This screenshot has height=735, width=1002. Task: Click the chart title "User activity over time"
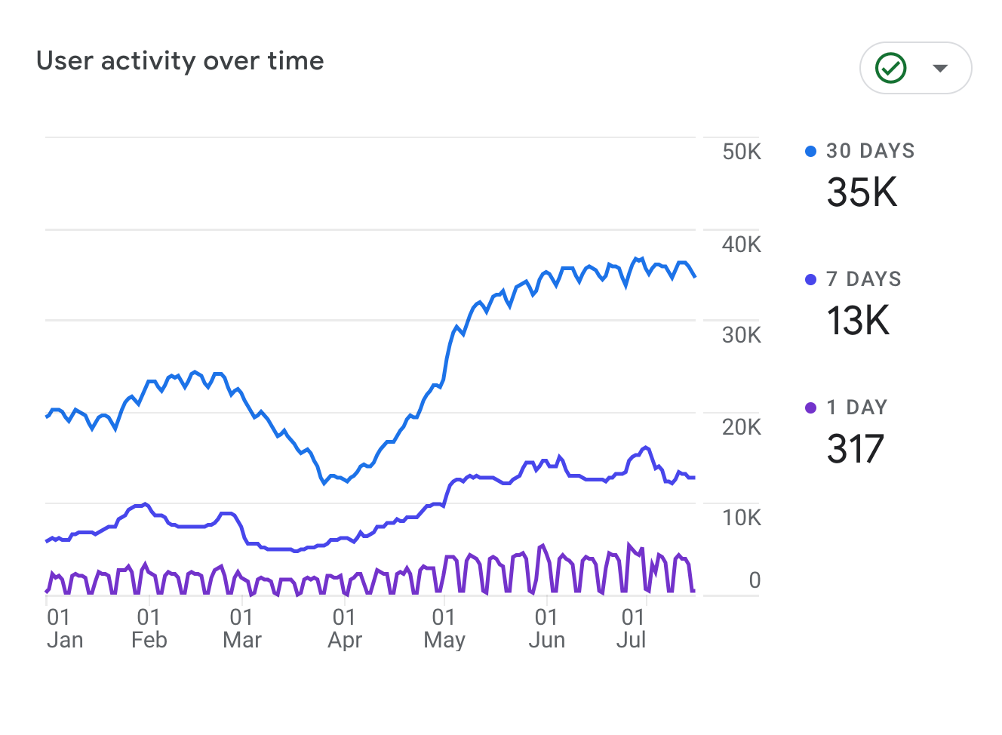coord(180,61)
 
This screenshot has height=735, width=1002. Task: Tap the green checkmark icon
coord(890,68)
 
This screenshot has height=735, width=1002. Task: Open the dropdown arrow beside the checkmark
coord(940,68)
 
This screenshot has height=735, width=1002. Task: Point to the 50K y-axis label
coord(741,152)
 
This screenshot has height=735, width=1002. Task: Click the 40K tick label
coord(741,244)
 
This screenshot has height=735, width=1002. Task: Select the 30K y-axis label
coord(741,335)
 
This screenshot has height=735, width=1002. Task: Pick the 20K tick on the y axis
coord(741,427)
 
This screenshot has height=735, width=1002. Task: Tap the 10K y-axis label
coord(741,518)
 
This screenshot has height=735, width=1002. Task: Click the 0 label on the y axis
coord(755,580)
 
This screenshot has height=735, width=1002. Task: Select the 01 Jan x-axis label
coord(64,629)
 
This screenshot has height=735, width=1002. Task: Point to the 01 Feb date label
coord(149,629)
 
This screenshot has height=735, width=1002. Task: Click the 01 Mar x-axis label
coord(242,629)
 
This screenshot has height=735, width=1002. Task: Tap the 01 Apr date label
coord(345,629)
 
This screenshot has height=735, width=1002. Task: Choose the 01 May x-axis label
coord(444,629)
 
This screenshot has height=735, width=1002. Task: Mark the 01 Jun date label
coord(546,629)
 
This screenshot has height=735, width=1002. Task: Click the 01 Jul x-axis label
coord(632,629)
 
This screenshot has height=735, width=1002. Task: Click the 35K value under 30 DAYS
coord(862,192)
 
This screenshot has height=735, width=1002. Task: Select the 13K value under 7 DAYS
coord(859,321)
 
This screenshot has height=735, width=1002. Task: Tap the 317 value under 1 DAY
coord(855,449)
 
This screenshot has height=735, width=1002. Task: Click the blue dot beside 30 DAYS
coord(810,152)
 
